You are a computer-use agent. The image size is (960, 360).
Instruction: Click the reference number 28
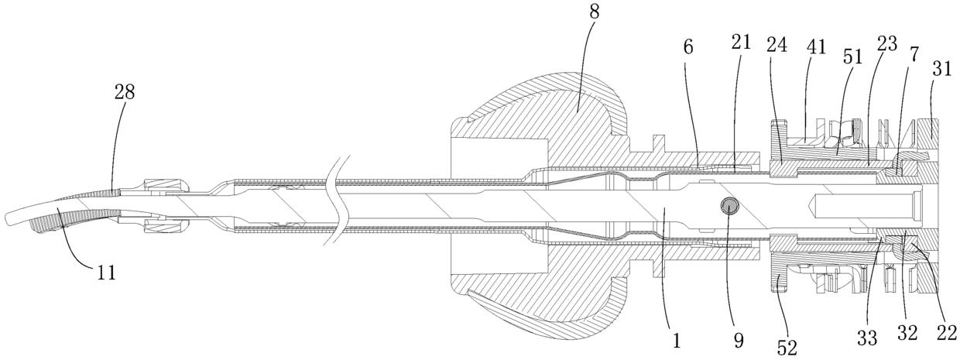(x=124, y=92)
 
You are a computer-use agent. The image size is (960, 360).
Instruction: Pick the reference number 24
(x=777, y=45)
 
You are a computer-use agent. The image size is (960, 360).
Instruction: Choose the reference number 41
(x=815, y=45)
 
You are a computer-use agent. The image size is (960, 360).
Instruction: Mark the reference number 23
(x=887, y=45)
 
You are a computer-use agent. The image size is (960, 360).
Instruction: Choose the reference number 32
(x=907, y=334)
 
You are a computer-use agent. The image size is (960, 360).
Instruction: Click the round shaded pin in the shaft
(x=729, y=205)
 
